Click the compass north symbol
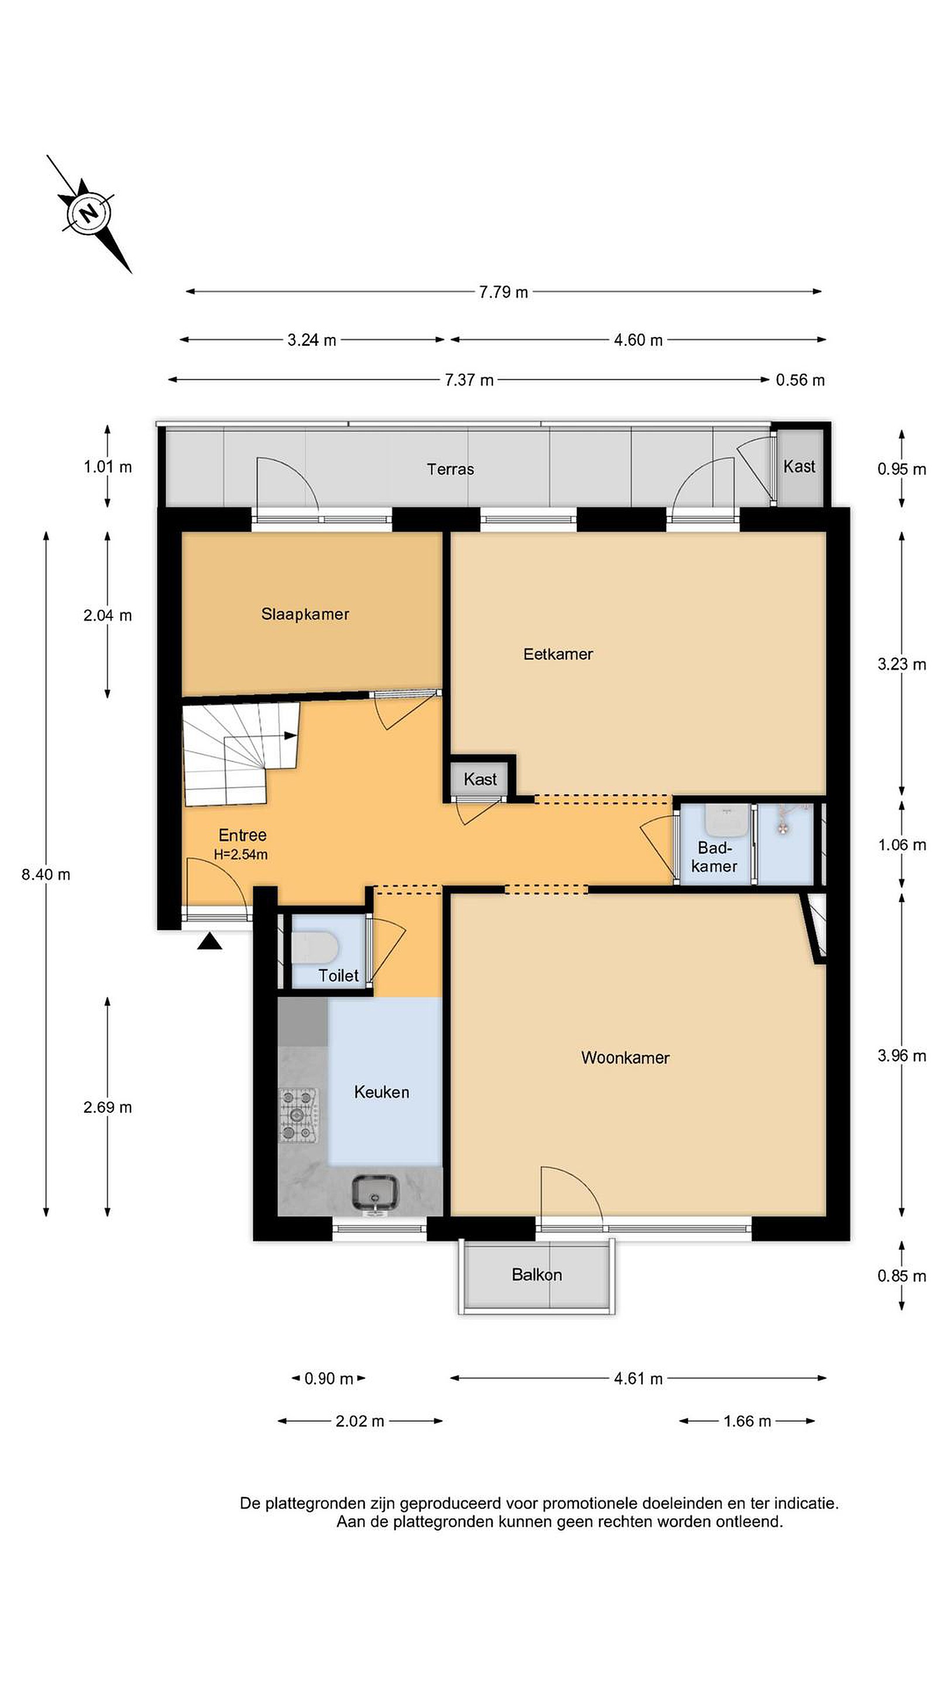tap(88, 212)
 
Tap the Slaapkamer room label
tap(305, 614)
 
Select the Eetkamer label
tap(558, 654)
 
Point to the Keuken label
tap(382, 1091)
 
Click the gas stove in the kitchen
tap(299, 1114)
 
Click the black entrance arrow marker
tap(209, 941)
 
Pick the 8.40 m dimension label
tap(46, 874)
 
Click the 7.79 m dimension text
tap(503, 292)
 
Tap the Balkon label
tap(537, 1274)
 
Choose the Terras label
tap(450, 469)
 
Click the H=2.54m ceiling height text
tap(241, 854)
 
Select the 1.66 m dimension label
tap(747, 1421)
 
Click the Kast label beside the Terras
tap(799, 466)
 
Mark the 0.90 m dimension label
tap(328, 1378)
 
